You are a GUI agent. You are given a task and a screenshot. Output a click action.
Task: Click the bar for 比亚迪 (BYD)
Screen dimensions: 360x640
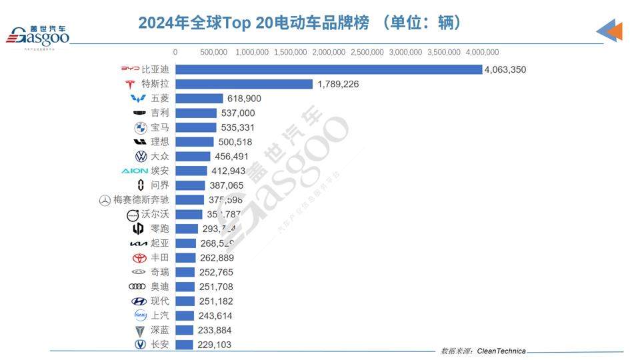click(x=328, y=69)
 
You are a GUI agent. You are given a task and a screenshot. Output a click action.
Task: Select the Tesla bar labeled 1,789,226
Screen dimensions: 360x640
click(x=244, y=84)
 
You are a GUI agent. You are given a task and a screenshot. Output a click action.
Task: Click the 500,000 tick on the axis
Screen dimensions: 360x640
click(x=213, y=52)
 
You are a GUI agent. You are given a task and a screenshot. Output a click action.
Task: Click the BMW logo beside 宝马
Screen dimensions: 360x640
click(x=140, y=127)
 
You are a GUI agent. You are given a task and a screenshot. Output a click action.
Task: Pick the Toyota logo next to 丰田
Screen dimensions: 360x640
click(x=139, y=258)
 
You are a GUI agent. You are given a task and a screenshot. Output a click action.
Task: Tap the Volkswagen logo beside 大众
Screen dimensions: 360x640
click(x=141, y=157)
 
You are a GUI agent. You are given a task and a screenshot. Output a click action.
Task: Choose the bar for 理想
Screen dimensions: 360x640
click(x=195, y=142)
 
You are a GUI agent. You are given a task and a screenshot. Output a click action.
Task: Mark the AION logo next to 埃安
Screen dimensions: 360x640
click(x=135, y=171)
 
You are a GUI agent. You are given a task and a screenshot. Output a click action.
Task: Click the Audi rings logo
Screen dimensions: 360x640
click(x=137, y=287)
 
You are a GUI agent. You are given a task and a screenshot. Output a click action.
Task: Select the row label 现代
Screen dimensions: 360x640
click(x=160, y=301)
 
